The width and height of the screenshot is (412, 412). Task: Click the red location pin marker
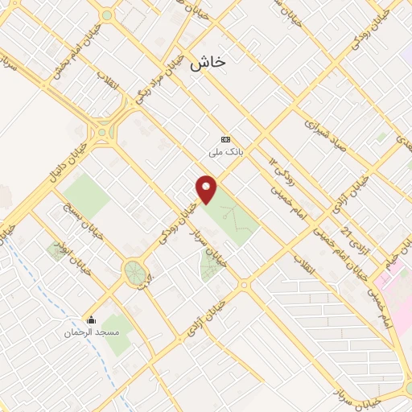point(208,189)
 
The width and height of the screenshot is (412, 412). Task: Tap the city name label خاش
point(208,65)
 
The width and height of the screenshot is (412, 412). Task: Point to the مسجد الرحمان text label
point(91,332)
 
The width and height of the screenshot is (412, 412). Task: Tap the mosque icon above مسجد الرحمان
point(91,319)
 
